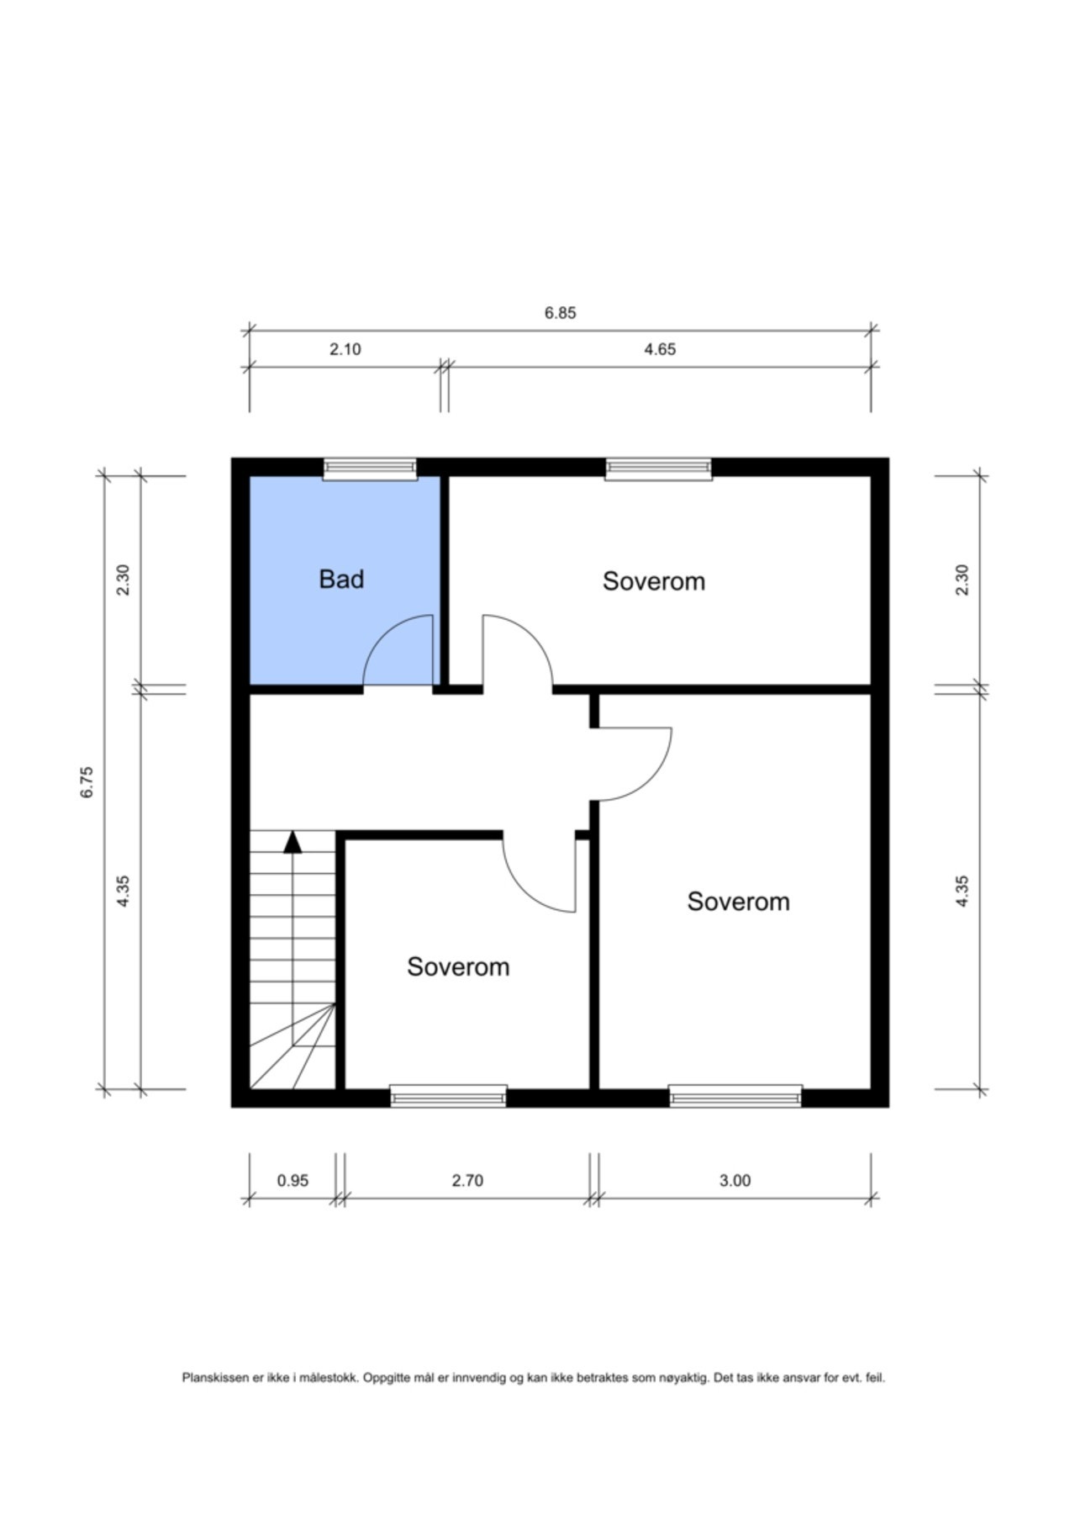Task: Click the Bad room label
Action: click(x=341, y=579)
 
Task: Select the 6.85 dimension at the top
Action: click(x=560, y=313)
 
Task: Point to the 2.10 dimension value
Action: click(x=345, y=349)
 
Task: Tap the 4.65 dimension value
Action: click(x=660, y=349)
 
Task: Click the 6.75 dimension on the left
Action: click(x=87, y=781)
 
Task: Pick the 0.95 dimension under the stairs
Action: click(x=293, y=1180)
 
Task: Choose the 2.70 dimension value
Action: click(x=467, y=1180)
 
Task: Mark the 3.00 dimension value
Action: click(x=735, y=1180)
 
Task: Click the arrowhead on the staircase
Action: click(x=293, y=842)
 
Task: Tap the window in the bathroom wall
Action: click(x=371, y=468)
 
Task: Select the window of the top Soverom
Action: click(x=658, y=468)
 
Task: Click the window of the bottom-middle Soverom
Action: click(x=449, y=1096)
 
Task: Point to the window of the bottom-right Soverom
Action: click(x=735, y=1096)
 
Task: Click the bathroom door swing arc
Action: click(x=383, y=635)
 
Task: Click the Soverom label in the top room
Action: click(x=654, y=581)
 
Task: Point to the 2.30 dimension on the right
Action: click(x=962, y=580)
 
